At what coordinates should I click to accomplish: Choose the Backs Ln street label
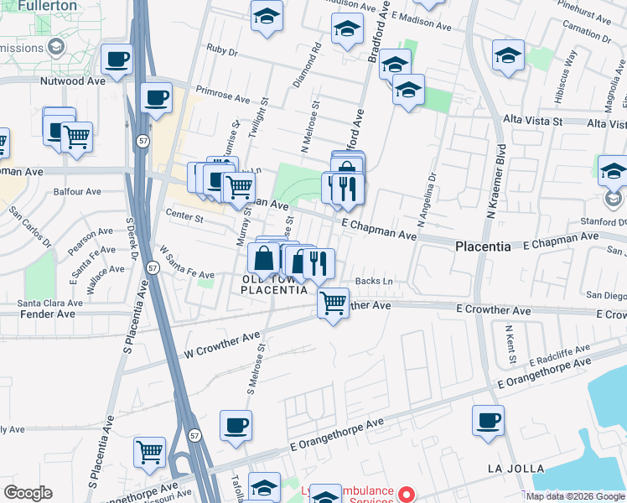tap(374, 281)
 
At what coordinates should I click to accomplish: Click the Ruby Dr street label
tap(222, 50)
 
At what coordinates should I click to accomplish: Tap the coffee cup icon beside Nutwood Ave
tap(117, 60)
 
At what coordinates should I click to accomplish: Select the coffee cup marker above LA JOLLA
tap(488, 420)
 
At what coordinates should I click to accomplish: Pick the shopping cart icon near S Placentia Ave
tap(149, 451)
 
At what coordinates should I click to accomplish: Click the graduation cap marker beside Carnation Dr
tap(508, 55)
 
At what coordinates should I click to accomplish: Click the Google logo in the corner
tap(28, 493)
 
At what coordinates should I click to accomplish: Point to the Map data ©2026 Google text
tap(574, 496)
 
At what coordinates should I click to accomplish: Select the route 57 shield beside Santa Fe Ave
tap(152, 267)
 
